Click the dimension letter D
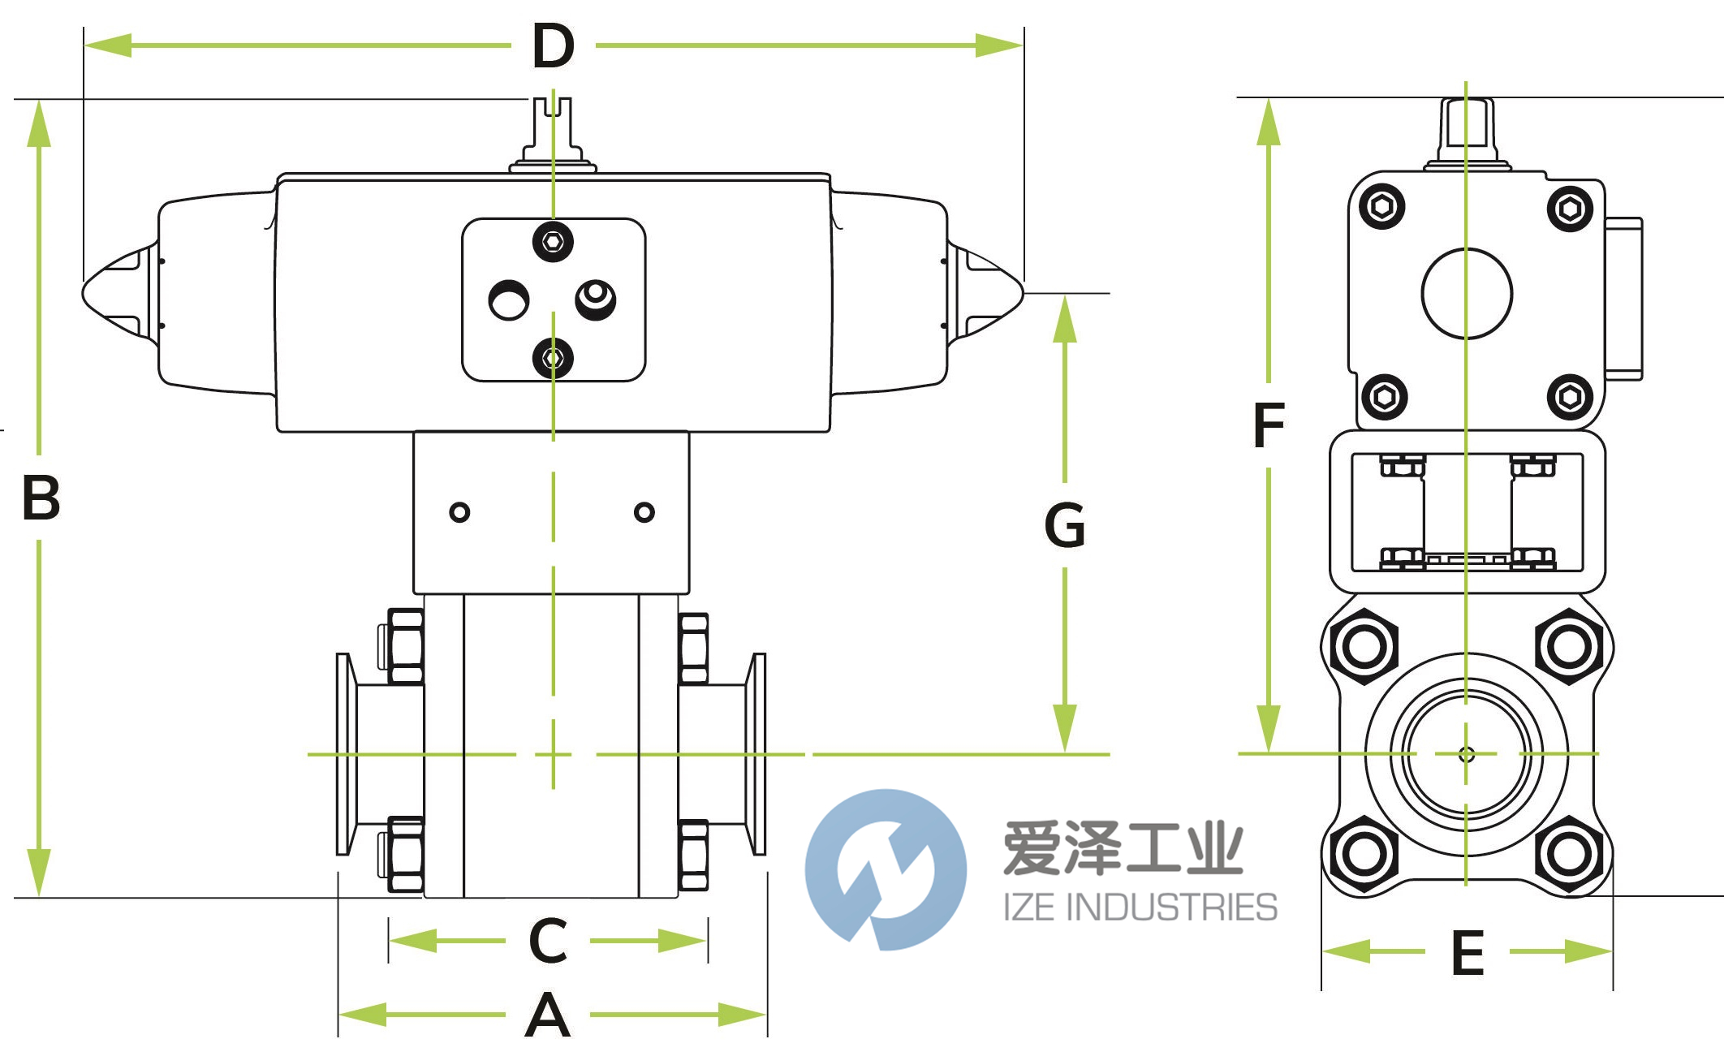tap(554, 46)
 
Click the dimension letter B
tap(41, 498)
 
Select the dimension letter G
tap(1064, 525)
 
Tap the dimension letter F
tap(1269, 425)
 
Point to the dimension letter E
tap(1468, 953)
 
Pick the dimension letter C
tap(548, 941)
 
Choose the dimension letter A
tap(548, 1015)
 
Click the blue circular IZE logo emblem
tap(886, 869)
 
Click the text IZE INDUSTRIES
tap(1140, 907)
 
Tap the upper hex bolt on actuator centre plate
tap(553, 241)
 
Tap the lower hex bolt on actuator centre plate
tap(553, 358)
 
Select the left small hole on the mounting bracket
tap(459, 512)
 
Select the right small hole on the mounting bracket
tap(644, 512)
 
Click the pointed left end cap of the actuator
tap(114, 293)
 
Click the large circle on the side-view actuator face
tap(1467, 293)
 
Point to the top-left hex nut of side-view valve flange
tap(1364, 647)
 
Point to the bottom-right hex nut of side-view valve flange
tap(1569, 853)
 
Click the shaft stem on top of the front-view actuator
tap(553, 130)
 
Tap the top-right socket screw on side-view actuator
tap(1570, 209)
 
